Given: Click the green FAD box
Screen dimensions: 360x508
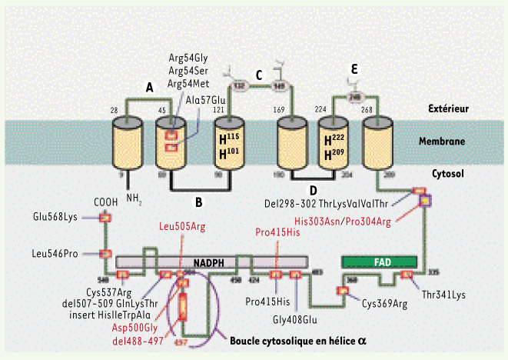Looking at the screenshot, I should tap(379, 262).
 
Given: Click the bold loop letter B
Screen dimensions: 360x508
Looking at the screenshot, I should tap(198, 203).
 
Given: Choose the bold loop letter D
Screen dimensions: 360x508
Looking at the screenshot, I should tap(312, 188).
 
